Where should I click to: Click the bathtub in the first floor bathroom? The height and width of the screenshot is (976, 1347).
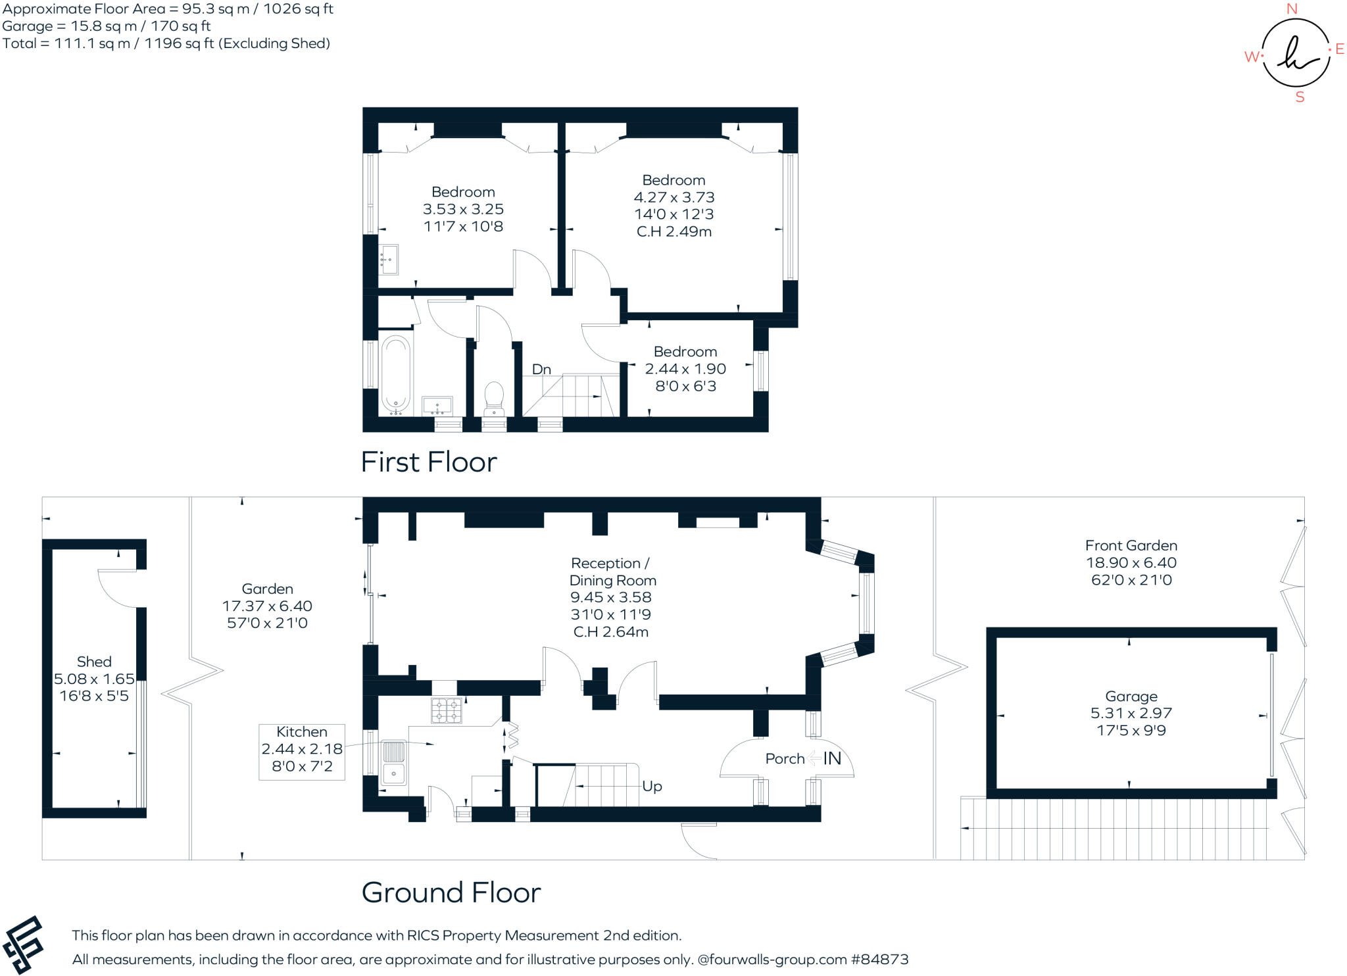coord(396,374)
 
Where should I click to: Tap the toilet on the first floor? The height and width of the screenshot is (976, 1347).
coord(493,396)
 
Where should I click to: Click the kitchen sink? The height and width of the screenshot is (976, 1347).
coord(394,762)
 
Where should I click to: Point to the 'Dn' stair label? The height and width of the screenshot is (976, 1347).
coord(541,370)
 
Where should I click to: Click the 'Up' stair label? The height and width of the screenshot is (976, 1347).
coord(652,787)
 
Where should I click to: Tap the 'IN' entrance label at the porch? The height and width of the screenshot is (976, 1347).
coord(832,759)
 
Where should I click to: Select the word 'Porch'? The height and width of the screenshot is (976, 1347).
coord(785,759)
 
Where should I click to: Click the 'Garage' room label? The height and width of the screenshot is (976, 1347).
coord(1131,696)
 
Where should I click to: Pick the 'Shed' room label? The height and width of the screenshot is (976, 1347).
coord(94,662)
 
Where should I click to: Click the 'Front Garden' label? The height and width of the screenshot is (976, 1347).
coord(1131,546)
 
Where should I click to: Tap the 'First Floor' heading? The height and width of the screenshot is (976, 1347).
coord(429,462)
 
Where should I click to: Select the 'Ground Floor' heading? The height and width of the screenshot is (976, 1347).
coord(451,892)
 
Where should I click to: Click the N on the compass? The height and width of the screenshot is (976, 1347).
coord(1292,9)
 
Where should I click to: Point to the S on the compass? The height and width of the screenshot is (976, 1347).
coord(1300,97)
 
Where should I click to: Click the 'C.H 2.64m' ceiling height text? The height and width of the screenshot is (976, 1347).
coord(611,632)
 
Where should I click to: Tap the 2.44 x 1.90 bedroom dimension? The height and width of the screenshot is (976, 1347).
coord(685,369)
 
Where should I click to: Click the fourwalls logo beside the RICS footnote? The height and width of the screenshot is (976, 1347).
coord(23,944)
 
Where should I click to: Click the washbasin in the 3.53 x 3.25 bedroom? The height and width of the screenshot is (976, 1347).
coord(389,260)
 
